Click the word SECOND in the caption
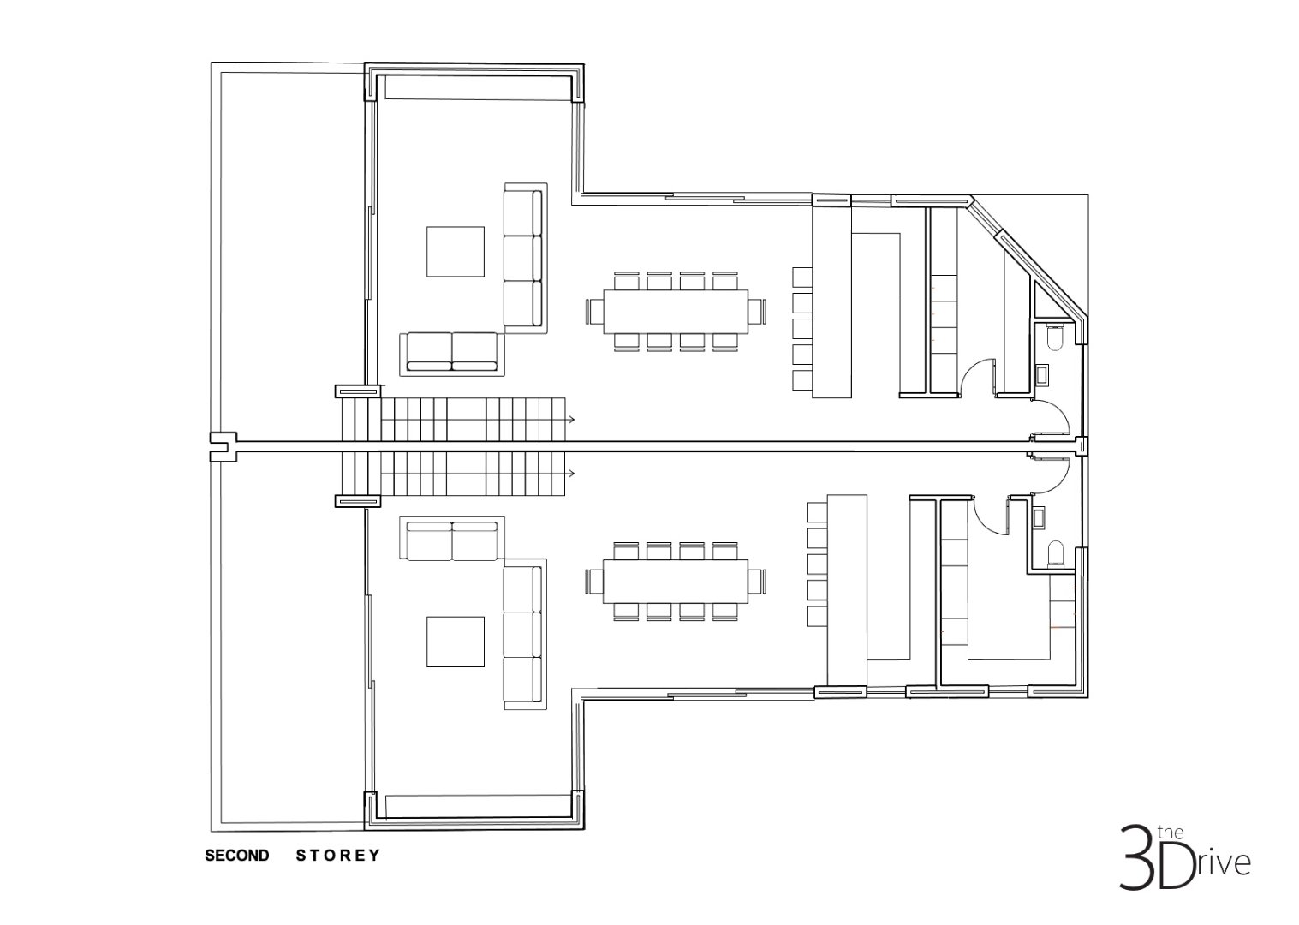pyautogui.click(x=236, y=856)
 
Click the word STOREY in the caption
pyautogui.click(x=338, y=856)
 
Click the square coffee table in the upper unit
pyautogui.click(x=456, y=252)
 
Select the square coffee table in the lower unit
pyautogui.click(x=456, y=642)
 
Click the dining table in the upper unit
pyautogui.click(x=676, y=312)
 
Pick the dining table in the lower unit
pyautogui.click(x=676, y=581)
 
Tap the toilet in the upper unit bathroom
pyautogui.click(x=1055, y=338)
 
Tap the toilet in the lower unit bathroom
pyautogui.click(x=1055, y=555)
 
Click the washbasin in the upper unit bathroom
pyautogui.click(x=1042, y=374)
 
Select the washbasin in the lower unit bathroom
pyautogui.click(x=1040, y=517)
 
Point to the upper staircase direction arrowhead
pyautogui.click(x=572, y=420)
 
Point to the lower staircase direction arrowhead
pyautogui.click(x=572, y=474)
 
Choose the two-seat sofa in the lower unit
pyautogui.click(x=452, y=539)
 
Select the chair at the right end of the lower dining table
pyautogui.click(x=757, y=581)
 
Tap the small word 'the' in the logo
pyautogui.click(x=1171, y=832)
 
